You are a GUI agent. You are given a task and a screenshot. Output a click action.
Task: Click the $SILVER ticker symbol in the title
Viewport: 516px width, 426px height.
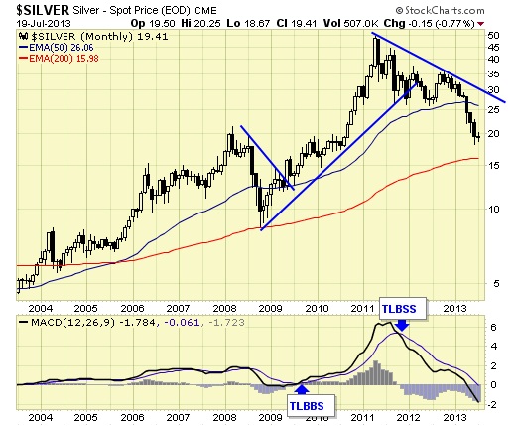point(43,10)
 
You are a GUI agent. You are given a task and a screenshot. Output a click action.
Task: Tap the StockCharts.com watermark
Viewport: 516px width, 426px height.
point(441,11)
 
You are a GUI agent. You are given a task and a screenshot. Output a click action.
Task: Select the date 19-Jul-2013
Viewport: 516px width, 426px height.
point(44,24)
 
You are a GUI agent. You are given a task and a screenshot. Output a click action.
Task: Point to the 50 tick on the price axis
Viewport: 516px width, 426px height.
point(493,36)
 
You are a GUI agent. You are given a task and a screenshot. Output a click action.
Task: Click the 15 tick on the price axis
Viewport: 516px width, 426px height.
point(493,165)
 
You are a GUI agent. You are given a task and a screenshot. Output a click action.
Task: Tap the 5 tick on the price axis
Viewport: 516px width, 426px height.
point(496,284)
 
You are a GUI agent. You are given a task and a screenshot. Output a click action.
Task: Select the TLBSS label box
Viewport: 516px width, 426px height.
point(399,309)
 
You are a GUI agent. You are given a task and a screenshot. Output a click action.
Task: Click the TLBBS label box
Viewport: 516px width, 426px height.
point(307,406)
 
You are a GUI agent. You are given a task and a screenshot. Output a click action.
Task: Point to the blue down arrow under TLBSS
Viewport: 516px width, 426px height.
point(402,325)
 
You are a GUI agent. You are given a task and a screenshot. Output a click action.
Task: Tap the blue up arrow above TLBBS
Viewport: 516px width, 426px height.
point(301,389)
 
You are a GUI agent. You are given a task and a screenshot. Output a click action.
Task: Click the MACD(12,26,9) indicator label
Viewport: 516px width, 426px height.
point(72,323)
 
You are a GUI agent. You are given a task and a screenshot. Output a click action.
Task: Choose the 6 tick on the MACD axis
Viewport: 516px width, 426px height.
point(494,328)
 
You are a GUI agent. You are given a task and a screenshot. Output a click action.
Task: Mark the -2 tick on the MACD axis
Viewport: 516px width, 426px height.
point(492,405)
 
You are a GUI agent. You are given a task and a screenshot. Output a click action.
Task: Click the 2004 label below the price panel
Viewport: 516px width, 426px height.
point(41,309)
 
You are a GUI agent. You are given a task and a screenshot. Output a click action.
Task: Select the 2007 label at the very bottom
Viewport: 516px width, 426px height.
point(178,417)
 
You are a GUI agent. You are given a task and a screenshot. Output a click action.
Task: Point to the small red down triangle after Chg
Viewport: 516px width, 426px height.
point(481,24)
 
